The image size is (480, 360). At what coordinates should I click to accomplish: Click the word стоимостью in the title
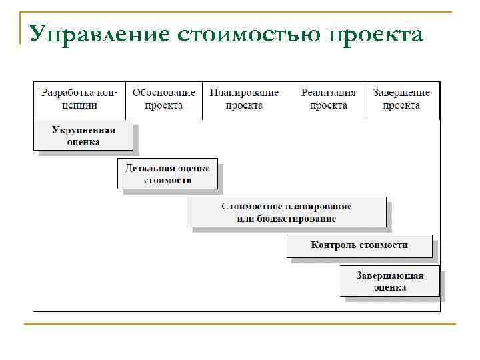(x=250, y=33)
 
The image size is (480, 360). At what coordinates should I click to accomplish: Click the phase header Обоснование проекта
(x=164, y=99)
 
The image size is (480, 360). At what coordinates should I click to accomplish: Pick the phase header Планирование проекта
(x=244, y=99)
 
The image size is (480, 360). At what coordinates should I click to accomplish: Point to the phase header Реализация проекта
(x=328, y=99)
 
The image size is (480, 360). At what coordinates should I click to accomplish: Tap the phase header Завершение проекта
(x=401, y=99)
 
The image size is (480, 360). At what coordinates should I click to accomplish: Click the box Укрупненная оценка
(x=83, y=135)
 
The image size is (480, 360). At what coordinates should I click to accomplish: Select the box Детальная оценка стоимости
(x=168, y=174)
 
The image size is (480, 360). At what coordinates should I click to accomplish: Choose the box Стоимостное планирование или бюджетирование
(x=287, y=213)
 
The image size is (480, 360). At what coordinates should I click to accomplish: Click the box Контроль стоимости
(x=359, y=245)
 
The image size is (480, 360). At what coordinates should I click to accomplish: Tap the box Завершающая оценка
(x=390, y=281)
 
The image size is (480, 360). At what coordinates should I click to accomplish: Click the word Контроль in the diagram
(x=333, y=245)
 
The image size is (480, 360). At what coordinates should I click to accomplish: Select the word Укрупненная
(x=83, y=130)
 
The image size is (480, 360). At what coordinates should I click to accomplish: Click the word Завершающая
(x=390, y=276)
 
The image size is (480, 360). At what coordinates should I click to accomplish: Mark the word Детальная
(x=147, y=168)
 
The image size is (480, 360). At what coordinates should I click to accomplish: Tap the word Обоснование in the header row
(x=164, y=93)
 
